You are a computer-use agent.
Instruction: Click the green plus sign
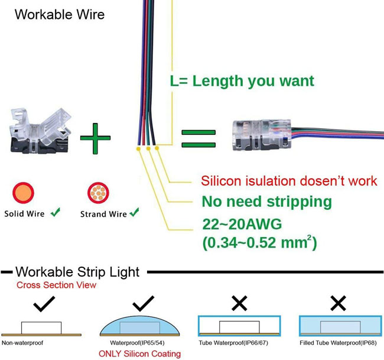(x=95, y=138)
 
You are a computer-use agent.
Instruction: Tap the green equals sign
(x=198, y=138)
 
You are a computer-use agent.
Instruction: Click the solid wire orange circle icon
(x=23, y=193)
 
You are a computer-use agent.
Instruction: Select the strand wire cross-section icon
(x=98, y=193)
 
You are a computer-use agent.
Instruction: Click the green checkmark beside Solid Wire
(x=56, y=212)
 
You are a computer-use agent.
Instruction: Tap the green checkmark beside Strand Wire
(x=134, y=212)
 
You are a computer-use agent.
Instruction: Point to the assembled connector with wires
(x=308, y=135)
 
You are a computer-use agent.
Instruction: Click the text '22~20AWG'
(x=242, y=224)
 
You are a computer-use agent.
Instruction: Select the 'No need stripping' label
(x=266, y=202)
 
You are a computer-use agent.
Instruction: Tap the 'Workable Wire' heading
(x=60, y=14)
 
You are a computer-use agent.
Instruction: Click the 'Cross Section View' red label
(x=56, y=285)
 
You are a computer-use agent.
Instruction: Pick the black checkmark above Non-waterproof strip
(x=44, y=304)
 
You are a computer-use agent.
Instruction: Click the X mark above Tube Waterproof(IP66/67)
(x=239, y=303)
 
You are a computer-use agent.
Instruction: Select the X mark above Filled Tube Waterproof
(x=338, y=303)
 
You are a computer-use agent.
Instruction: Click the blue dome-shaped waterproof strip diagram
(x=139, y=326)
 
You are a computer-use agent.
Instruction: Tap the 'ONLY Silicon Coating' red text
(x=139, y=354)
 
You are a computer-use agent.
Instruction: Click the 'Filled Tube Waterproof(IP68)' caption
(x=338, y=343)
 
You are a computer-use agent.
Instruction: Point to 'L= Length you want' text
(x=242, y=82)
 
